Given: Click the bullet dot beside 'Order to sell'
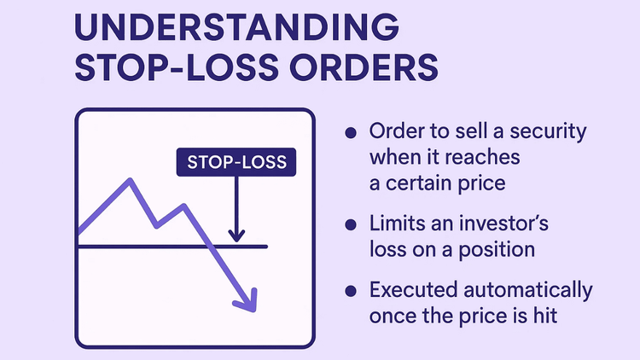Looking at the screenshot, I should [x=350, y=134].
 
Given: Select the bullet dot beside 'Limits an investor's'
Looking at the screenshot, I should [x=350, y=224].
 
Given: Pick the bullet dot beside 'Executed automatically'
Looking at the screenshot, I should [x=350, y=290].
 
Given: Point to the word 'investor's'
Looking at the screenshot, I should [x=496, y=224].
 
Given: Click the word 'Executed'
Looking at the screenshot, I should [x=408, y=290].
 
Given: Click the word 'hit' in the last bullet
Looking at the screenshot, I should [x=545, y=315].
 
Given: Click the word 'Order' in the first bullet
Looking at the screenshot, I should [x=396, y=134].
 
